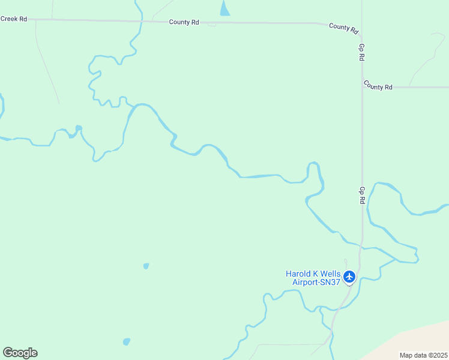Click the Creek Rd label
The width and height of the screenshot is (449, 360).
coord(14,19)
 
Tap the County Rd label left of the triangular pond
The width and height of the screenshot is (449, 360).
coord(184,22)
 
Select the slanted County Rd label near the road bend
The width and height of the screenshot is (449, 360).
coord(343,28)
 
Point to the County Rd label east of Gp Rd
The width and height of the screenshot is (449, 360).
coord(378,87)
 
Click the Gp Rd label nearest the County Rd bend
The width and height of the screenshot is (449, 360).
coord(361,52)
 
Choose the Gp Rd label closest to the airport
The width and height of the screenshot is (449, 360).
coord(362,195)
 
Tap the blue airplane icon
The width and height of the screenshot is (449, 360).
coord(349,277)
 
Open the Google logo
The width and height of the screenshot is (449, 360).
coord(20,353)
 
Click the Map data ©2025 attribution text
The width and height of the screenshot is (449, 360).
coord(423,355)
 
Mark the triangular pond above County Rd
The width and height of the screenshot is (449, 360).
coord(224,9)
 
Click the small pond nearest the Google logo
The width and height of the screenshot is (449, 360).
coord(126,342)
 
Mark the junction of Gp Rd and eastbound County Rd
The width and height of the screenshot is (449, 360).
coord(362,87)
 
